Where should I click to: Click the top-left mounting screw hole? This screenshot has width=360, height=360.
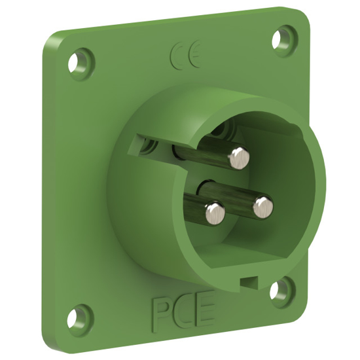point(81,66)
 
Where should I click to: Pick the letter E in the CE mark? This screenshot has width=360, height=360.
point(190,56)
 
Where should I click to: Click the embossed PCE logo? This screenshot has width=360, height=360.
point(183,314)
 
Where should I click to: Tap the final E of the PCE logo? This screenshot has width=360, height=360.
point(204,312)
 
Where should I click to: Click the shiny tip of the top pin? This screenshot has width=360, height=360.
point(240,156)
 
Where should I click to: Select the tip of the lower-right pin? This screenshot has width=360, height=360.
point(262,206)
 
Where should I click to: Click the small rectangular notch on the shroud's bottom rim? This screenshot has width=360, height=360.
point(246,283)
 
